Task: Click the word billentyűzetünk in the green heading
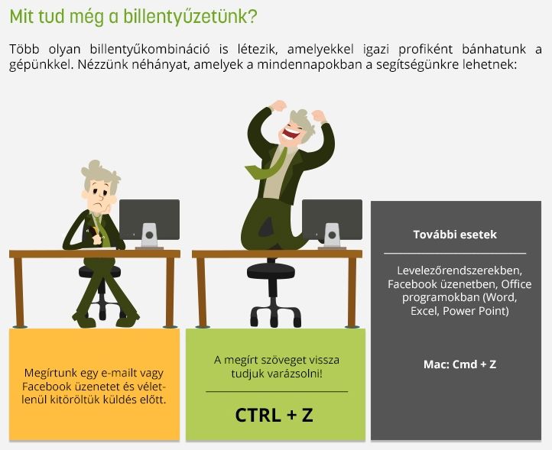(x=190, y=17)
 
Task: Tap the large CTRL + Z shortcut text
(x=274, y=415)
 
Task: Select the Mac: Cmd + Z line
(x=459, y=364)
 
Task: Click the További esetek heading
(x=455, y=235)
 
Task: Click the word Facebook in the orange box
(x=47, y=387)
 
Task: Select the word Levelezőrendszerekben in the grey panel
(x=459, y=270)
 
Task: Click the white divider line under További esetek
(x=455, y=253)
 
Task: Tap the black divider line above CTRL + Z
(x=277, y=391)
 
